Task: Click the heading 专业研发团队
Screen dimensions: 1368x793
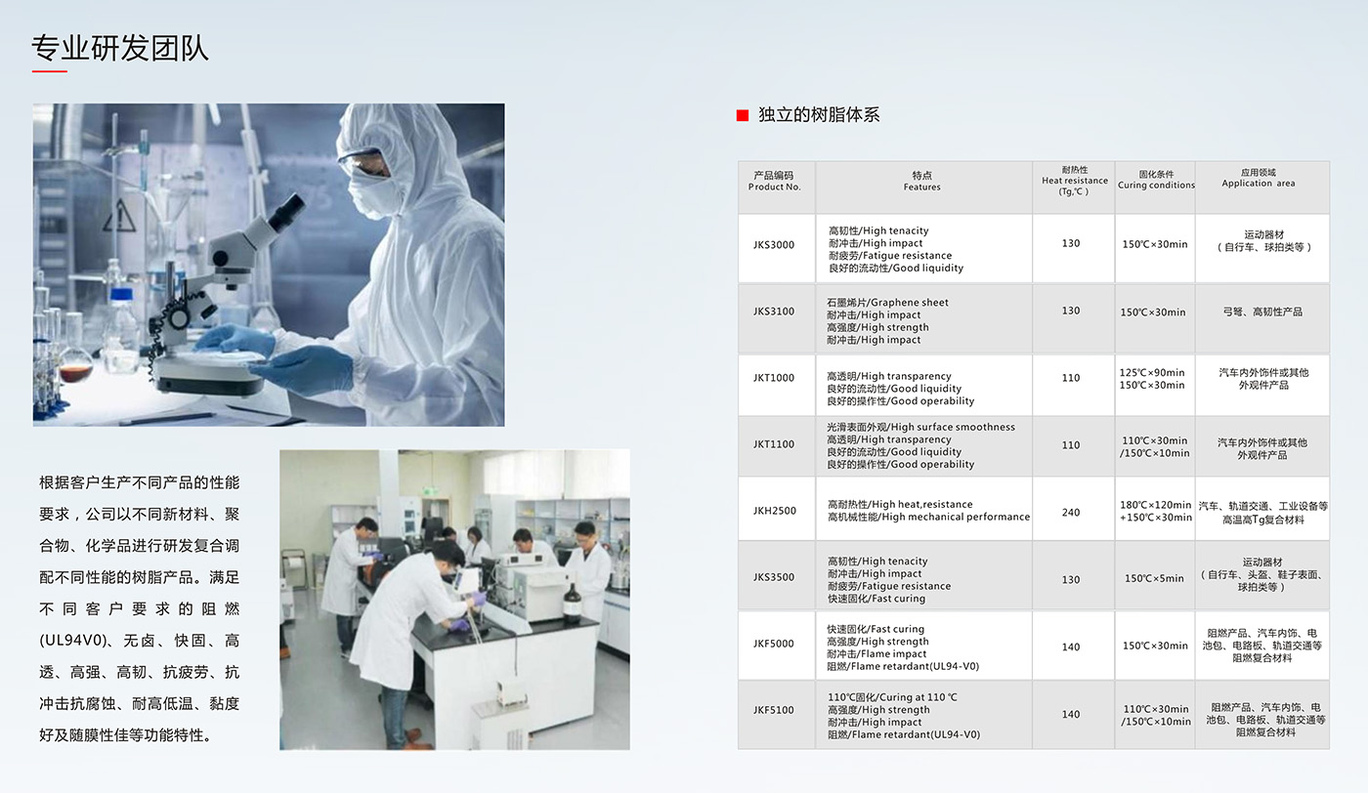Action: [119, 48]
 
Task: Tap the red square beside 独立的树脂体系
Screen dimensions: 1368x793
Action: [742, 115]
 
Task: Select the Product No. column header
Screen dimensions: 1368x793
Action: [774, 182]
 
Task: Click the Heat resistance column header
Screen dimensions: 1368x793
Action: [1074, 181]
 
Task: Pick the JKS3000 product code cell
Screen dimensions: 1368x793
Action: [774, 245]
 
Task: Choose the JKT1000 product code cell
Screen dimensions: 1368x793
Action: [774, 378]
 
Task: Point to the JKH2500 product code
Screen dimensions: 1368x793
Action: [774, 511]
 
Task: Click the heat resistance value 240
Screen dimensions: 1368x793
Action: [1071, 512]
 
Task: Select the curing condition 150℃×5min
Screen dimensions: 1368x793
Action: [1154, 578]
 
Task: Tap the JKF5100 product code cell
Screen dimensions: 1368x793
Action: [774, 710]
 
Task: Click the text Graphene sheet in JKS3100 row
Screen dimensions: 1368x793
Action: [910, 302]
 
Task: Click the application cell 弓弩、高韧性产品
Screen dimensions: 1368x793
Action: [1262, 312]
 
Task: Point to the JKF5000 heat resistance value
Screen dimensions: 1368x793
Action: [1071, 647]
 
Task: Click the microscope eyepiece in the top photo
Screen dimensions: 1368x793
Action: [287, 211]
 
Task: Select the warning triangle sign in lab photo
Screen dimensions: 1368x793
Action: [119, 216]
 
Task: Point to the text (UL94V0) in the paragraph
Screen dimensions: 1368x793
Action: [73, 641]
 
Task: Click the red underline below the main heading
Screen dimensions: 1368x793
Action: [50, 71]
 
